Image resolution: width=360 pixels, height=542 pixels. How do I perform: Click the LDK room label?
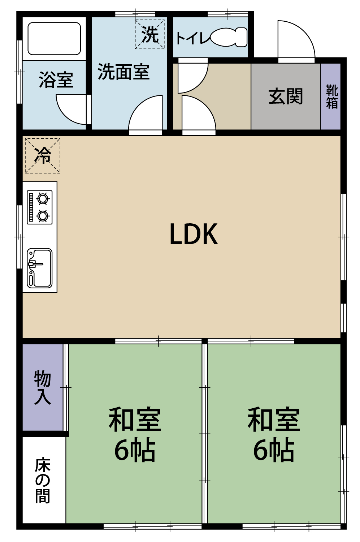pyautogui.click(x=194, y=234)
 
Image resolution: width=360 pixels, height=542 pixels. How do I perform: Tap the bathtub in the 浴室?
pyautogui.click(x=54, y=39)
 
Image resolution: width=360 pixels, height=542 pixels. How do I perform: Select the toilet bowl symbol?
pyautogui.click(x=229, y=37)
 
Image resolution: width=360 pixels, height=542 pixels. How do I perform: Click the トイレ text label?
pyautogui.click(x=192, y=38)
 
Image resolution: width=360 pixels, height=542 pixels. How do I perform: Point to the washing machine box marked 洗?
pyautogui.click(x=149, y=34)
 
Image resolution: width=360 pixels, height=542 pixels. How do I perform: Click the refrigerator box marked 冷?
pyautogui.click(x=43, y=156)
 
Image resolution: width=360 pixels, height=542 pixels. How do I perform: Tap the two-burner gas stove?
pyautogui.click(x=40, y=207)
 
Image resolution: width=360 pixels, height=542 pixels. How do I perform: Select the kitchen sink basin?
pyautogui.click(x=40, y=268)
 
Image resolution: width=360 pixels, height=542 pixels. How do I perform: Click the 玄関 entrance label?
pyautogui.click(x=286, y=96)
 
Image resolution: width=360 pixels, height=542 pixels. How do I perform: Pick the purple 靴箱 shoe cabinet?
pyautogui.click(x=330, y=96)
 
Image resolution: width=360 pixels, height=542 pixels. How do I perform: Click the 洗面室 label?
pyautogui.click(x=123, y=72)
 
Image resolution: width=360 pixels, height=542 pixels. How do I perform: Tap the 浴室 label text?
pyautogui.click(x=56, y=79)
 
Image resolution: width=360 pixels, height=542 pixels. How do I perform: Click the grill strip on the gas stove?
pyautogui.click(x=31, y=207)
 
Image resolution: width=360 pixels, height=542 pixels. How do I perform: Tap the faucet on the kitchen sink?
pyautogui.click(x=35, y=264)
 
